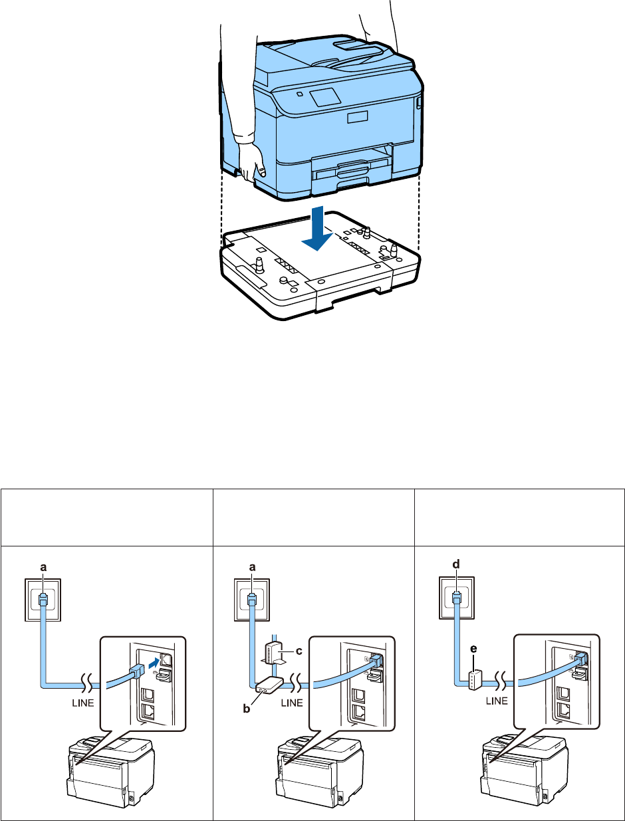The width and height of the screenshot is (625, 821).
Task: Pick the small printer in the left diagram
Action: [x=100, y=764]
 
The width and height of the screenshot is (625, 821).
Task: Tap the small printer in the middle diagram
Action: [x=307, y=764]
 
